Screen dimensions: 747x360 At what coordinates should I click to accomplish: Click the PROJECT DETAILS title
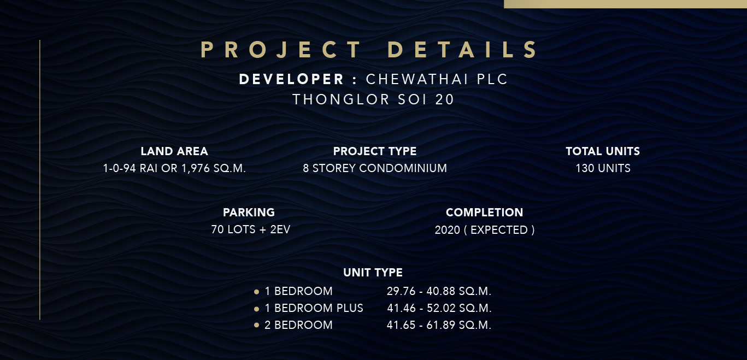pos(369,50)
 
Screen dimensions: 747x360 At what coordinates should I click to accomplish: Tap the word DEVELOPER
pos(291,79)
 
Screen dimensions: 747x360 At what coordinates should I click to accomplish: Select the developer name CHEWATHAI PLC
pos(437,79)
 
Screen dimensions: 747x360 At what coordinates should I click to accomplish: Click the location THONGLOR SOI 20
pos(373,99)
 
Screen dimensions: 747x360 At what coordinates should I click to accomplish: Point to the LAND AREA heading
pos(174,151)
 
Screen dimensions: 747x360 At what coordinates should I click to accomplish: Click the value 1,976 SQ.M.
pos(214,168)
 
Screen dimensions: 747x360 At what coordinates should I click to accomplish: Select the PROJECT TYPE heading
pos(374,151)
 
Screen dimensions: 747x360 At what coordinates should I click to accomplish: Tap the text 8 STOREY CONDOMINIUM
pos(374,168)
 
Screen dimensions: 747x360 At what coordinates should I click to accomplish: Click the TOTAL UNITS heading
pos(603,151)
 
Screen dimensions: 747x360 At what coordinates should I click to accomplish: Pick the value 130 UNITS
pos(603,168)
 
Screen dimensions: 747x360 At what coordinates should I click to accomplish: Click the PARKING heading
pos(249,213)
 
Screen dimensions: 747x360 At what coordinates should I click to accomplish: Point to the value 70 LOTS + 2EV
pos(250,229)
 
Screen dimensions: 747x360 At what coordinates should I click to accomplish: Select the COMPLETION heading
pos(484,213)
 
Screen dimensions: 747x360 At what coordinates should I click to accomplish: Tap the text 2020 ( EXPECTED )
pos(485,230)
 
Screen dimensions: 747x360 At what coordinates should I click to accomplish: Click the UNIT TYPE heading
pos(373,273)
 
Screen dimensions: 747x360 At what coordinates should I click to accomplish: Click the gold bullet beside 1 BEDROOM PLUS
pos(256,309)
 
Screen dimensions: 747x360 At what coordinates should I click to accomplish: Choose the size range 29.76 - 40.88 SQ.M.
pos(439,291)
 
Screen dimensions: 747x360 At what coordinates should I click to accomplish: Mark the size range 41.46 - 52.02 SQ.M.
pos(439,308)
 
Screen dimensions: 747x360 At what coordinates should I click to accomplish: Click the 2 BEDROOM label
pos(298,325)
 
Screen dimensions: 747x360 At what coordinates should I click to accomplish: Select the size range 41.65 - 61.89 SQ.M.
pos(439,325)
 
